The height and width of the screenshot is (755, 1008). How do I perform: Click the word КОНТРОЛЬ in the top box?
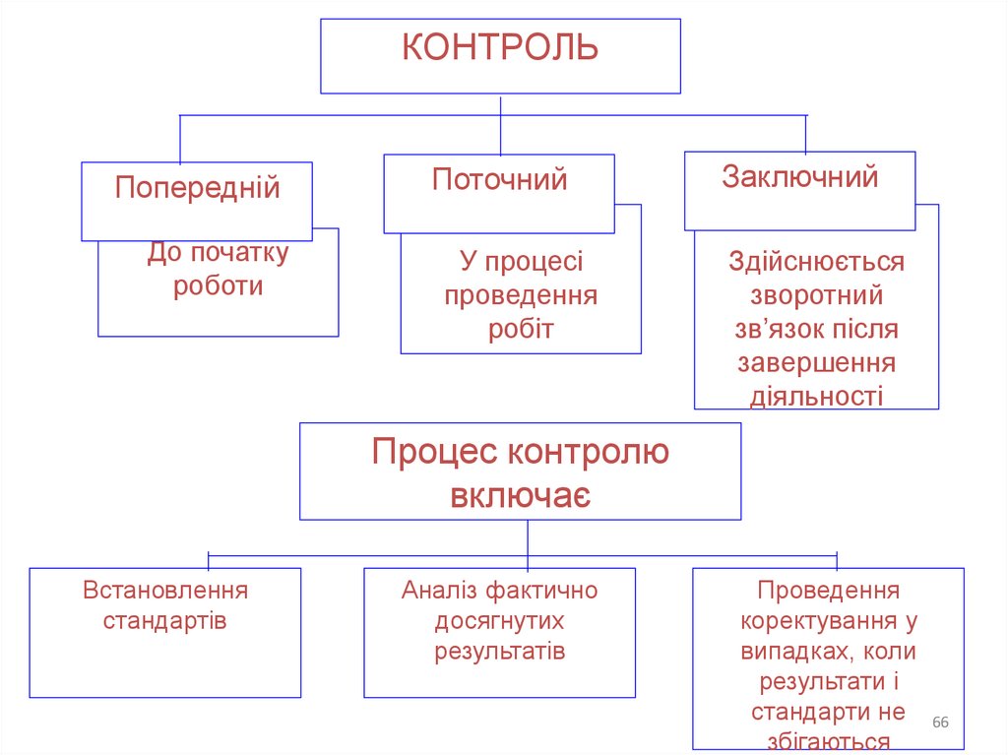point(500,47)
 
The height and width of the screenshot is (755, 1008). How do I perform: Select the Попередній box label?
point(197,187)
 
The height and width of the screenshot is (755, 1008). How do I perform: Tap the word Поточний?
point(499,180)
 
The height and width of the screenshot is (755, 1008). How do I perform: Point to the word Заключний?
point(799,177)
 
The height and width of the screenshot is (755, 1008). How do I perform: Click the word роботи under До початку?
point(218,285)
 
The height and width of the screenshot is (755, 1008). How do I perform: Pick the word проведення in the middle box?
point(521,295)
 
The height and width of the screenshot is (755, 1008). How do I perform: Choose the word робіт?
point(521,329)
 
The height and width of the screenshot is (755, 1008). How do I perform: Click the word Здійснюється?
point(816,262)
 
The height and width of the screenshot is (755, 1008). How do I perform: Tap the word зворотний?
point(816,295)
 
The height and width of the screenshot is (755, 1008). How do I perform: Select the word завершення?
point(816,362)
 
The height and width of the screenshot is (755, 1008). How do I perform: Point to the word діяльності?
point(816,396)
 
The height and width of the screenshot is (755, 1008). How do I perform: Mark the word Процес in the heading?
point(434,453)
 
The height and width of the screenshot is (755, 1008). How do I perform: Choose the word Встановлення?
point(165,591)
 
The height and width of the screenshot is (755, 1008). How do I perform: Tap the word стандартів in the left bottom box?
point(165,621)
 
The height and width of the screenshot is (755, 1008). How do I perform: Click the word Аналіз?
point(439,591)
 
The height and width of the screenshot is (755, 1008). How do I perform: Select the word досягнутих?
point(500,621)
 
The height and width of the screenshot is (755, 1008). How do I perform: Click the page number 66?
point(940,724)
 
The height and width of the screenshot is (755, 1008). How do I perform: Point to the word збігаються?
point(828,743)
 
